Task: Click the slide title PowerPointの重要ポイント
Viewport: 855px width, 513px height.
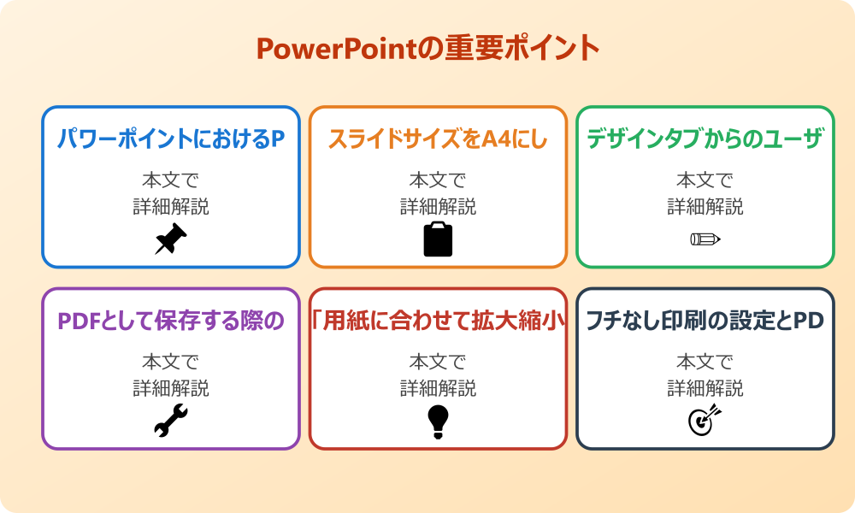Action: tap(427, 48)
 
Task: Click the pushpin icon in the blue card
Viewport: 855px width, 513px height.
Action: tap(171, 239)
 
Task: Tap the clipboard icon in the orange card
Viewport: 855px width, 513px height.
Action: tap(438, 239)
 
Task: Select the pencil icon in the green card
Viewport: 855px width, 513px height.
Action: tap(705, 239)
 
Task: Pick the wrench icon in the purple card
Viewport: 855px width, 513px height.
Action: tap(171, 421)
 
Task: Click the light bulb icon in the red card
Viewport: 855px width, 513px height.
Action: tap(438, 421)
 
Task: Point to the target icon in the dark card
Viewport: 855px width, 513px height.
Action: tap(705, 421)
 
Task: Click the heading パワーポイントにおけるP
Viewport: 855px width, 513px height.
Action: tap(171, 139)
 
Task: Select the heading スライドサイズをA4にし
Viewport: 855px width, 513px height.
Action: tap(438, 139)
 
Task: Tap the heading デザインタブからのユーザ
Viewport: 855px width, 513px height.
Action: tap(705, 139)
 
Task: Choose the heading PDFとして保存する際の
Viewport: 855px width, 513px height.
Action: tap(171, 321)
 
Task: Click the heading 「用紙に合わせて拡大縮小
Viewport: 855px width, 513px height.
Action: tap(438, 321)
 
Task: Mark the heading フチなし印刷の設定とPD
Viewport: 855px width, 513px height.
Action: tap(705, 321)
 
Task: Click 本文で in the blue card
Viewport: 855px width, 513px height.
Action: tap(171, 180)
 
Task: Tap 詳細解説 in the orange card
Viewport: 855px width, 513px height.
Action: tap(438, 206)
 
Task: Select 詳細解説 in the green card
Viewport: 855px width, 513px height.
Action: tap(705, 206)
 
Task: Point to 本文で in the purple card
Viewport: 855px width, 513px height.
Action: tap(171, 363)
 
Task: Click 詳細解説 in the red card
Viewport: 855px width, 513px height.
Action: tap(438, 388)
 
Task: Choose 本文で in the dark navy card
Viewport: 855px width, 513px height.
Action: tap(705, 363)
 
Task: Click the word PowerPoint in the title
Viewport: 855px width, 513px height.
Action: tap(337, 49)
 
